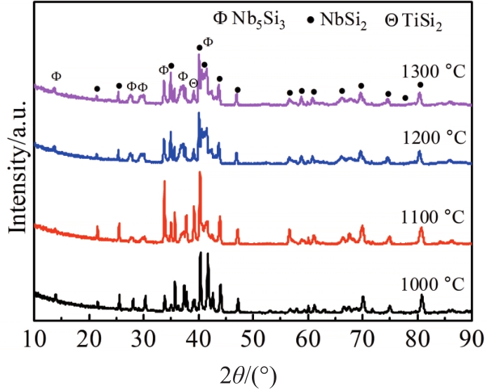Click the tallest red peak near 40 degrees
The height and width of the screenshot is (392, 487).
pos(200,173)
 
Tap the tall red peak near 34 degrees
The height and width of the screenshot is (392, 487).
pos(164,182)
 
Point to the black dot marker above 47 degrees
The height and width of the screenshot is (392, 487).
pos(237,90)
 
